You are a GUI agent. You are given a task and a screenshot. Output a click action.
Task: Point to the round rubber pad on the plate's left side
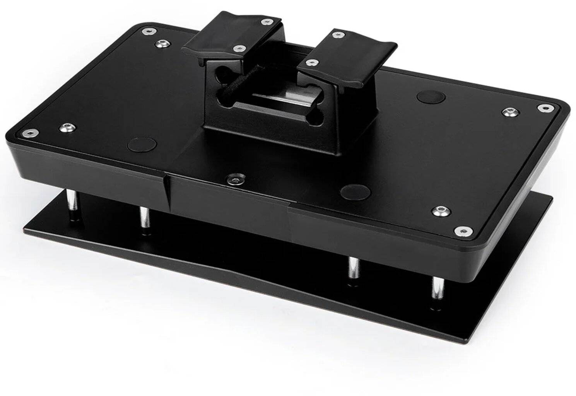(142, 144)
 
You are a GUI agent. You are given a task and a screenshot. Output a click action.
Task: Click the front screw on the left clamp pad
(239, 48)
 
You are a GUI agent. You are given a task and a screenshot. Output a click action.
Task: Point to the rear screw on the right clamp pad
(338, 35)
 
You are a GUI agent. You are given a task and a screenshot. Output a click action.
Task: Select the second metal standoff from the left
(144, 220)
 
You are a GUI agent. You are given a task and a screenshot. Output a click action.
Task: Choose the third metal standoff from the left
(353, 268)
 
